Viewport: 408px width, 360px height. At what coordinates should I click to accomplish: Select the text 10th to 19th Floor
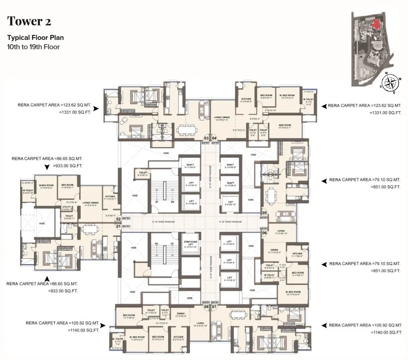pos(33,47)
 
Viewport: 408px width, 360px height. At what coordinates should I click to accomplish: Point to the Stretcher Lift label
pos(189,244)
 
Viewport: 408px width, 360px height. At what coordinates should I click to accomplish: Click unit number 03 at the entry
pos(206,138)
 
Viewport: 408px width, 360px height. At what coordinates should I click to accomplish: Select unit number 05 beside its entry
pos(265,213)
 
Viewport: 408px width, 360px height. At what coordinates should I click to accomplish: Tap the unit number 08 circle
pos(206,307)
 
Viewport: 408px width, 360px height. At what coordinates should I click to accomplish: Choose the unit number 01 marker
pos(119,226)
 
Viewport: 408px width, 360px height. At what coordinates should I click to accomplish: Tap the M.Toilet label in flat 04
pos(308,100)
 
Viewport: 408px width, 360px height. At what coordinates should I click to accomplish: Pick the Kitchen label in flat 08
pos(178,337)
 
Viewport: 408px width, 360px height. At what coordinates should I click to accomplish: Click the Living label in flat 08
pos(200,322)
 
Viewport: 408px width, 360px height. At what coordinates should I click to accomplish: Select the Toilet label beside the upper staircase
pos(143,173)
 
